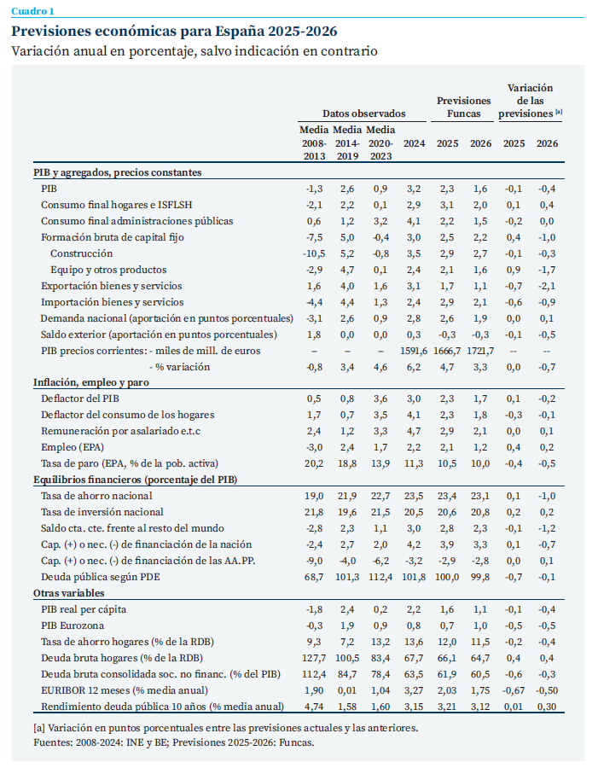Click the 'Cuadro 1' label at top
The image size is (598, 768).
(x=32, y=11)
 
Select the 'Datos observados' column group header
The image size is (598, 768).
(x=364, y=113)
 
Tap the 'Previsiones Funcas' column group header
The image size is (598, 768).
(x=463, y=108)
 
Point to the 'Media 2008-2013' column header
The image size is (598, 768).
(x=314, y=143)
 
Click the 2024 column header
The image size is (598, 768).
(x=414, y=143)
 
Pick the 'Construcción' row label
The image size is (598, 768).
(x=81, y=253)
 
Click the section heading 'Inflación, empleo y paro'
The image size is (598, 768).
(x=91, y=382)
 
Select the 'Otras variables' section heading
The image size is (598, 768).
(x=69, y=593)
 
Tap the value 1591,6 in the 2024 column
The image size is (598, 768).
(x=414, y=352)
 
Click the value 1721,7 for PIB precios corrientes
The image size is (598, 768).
(x=480, y=352)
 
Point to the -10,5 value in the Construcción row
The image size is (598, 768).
(x=314, y=253)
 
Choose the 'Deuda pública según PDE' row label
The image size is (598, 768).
(x=101, y=577)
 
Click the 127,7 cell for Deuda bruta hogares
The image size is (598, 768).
(x=314, y=658)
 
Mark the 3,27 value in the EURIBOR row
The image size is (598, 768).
(x=414, y=690)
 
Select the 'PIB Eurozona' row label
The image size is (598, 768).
(x=73, y=625)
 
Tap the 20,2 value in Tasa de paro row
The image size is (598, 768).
(x=314, y=463)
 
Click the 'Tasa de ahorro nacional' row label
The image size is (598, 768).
(x=96, y=496)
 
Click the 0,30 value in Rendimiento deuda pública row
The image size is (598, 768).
(x=547, y=707)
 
